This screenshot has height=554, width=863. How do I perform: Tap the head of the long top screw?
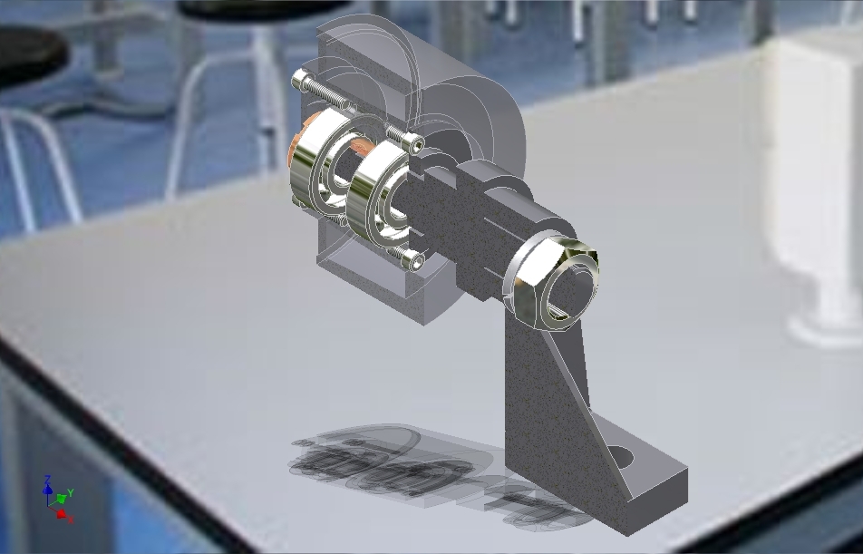(x=301, y=82)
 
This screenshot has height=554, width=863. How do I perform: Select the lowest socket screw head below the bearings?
(x=415, y=261)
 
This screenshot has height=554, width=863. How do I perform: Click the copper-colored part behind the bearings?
(x=296, y=154)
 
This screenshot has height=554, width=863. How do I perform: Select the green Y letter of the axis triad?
(x=71, y=492)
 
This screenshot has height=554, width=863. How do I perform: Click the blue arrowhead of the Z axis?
(x=48, y=489)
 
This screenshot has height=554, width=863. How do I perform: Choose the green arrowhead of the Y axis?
(x=61, y=498)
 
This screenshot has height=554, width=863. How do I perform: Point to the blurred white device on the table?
(x=816, y=181)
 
